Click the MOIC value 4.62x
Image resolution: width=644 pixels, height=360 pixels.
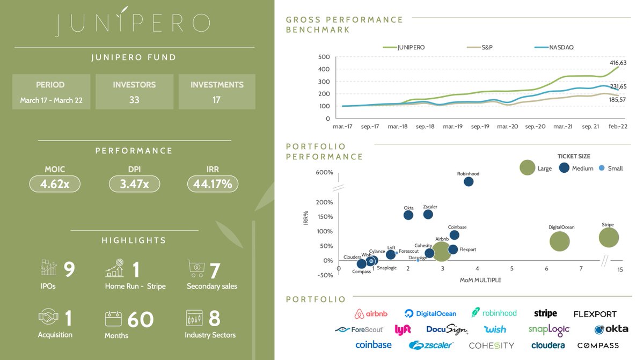55,184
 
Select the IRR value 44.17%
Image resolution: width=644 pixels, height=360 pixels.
213,184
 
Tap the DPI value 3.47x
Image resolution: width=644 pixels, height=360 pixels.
134,184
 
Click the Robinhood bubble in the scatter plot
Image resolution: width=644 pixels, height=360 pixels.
469,181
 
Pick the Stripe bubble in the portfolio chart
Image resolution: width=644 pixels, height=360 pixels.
609,238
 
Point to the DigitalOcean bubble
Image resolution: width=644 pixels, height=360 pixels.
559,241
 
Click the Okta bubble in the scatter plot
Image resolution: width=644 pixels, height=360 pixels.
408,215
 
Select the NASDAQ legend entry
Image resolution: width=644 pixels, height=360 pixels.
554,47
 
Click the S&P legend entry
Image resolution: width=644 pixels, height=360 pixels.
480,47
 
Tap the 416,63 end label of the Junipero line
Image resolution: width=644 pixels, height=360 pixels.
618,63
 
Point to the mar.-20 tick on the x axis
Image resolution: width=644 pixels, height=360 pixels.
508,127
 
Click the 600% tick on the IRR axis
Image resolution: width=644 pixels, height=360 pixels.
324,172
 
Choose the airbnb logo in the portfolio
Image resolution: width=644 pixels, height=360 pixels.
371,313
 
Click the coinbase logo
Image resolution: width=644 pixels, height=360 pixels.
374,345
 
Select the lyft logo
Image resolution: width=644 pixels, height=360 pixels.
402,330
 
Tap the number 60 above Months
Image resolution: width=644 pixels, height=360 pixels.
140,319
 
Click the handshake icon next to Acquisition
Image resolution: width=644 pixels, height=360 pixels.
48,317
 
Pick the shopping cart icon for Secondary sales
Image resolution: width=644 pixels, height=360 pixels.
196,268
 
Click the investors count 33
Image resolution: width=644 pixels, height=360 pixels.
134,100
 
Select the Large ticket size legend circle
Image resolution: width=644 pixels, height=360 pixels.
527,167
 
